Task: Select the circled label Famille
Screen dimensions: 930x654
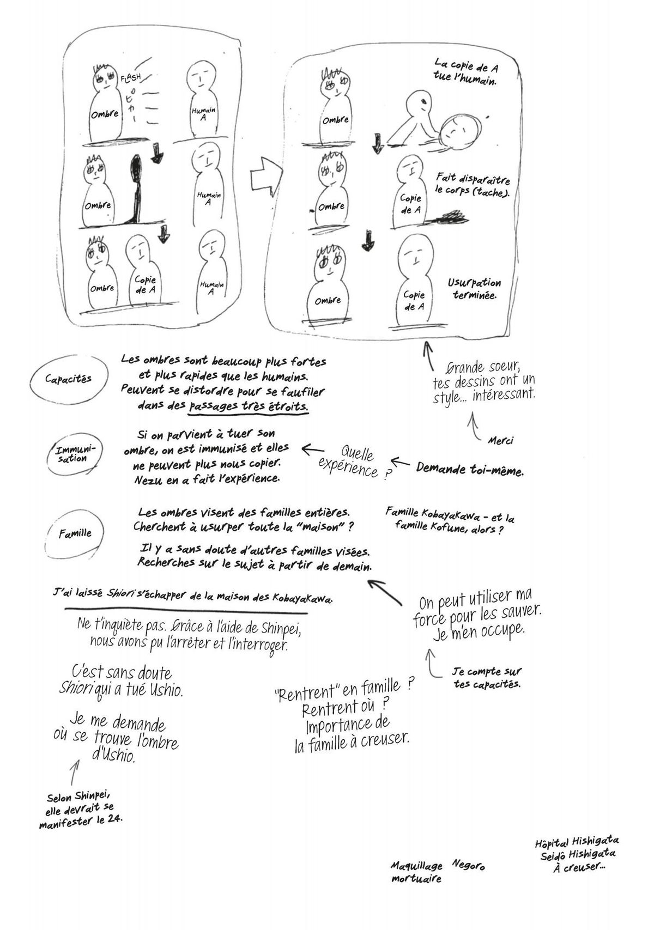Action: pos(75,533)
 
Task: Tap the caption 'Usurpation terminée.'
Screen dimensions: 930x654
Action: pos(474,288)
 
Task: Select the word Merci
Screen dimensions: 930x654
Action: pos(500,440)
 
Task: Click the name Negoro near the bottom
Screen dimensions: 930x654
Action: pos(468,865)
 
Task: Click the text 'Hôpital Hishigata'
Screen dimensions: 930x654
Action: pos(577,842)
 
